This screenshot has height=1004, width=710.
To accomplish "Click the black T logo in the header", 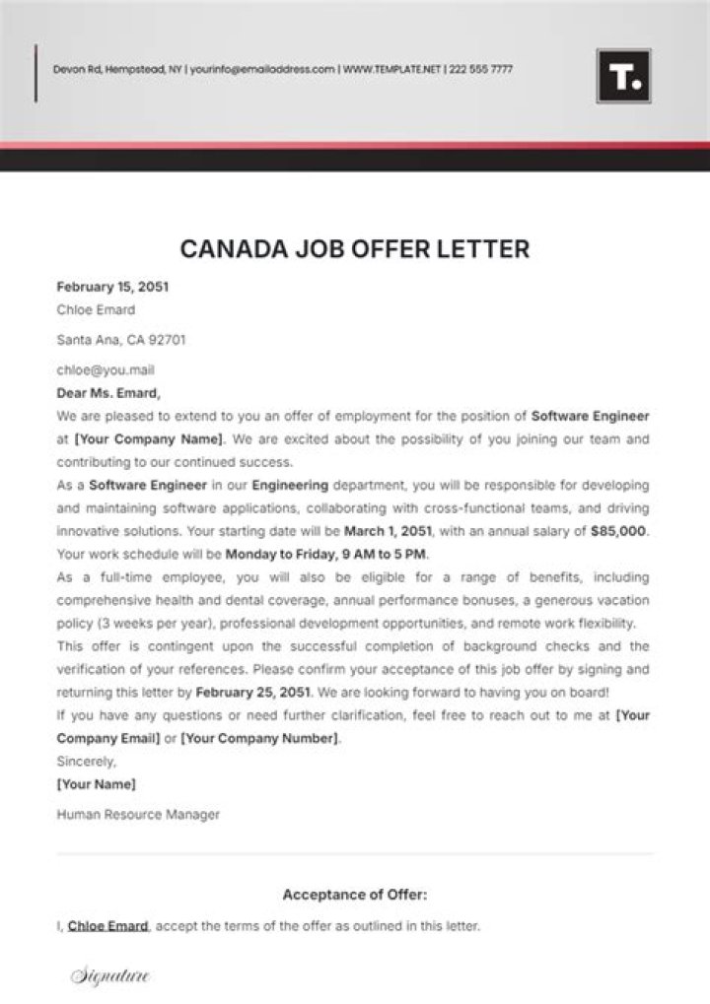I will coord(623,76).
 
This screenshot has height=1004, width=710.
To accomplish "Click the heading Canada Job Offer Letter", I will coord(355,247).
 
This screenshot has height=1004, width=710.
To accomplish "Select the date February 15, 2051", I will coord(112,288).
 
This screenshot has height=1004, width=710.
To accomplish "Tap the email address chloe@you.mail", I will coord(106,370).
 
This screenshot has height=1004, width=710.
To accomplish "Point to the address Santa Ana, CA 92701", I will coord(121,340).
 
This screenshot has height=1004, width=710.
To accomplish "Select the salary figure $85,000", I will coord(618,531).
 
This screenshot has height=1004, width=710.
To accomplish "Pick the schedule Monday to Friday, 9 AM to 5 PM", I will coord(326,554).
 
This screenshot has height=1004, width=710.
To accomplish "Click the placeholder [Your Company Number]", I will coord(260,738).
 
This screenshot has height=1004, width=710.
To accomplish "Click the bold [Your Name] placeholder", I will coord(97,784).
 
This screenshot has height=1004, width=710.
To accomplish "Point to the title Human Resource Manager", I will coord(138,815).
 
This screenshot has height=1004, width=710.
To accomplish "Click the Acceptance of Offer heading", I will coord(355,895).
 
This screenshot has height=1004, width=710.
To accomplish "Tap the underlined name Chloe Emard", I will coord(108,926).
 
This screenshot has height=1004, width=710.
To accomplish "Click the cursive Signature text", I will coord(109,976).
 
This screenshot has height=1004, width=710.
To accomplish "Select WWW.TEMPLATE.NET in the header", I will coord(391,70).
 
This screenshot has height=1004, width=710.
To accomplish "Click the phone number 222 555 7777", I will coord(481,70).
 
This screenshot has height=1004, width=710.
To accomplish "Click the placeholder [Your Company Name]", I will coord(150,438).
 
